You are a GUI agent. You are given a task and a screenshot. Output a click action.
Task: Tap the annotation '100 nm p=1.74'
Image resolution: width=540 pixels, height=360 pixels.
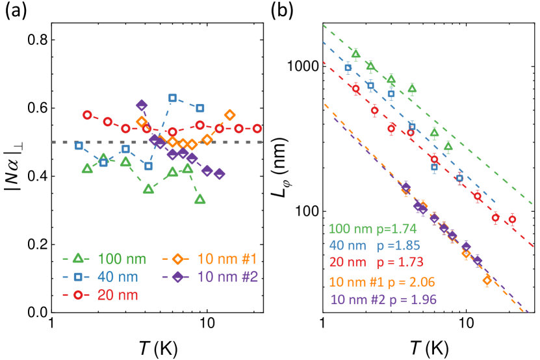(x=372, y=229)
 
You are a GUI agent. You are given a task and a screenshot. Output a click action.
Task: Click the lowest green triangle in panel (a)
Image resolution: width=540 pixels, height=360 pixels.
(x=200, y=199)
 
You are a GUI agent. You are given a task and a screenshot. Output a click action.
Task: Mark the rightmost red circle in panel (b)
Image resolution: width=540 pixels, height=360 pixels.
(x=512, y=219)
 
